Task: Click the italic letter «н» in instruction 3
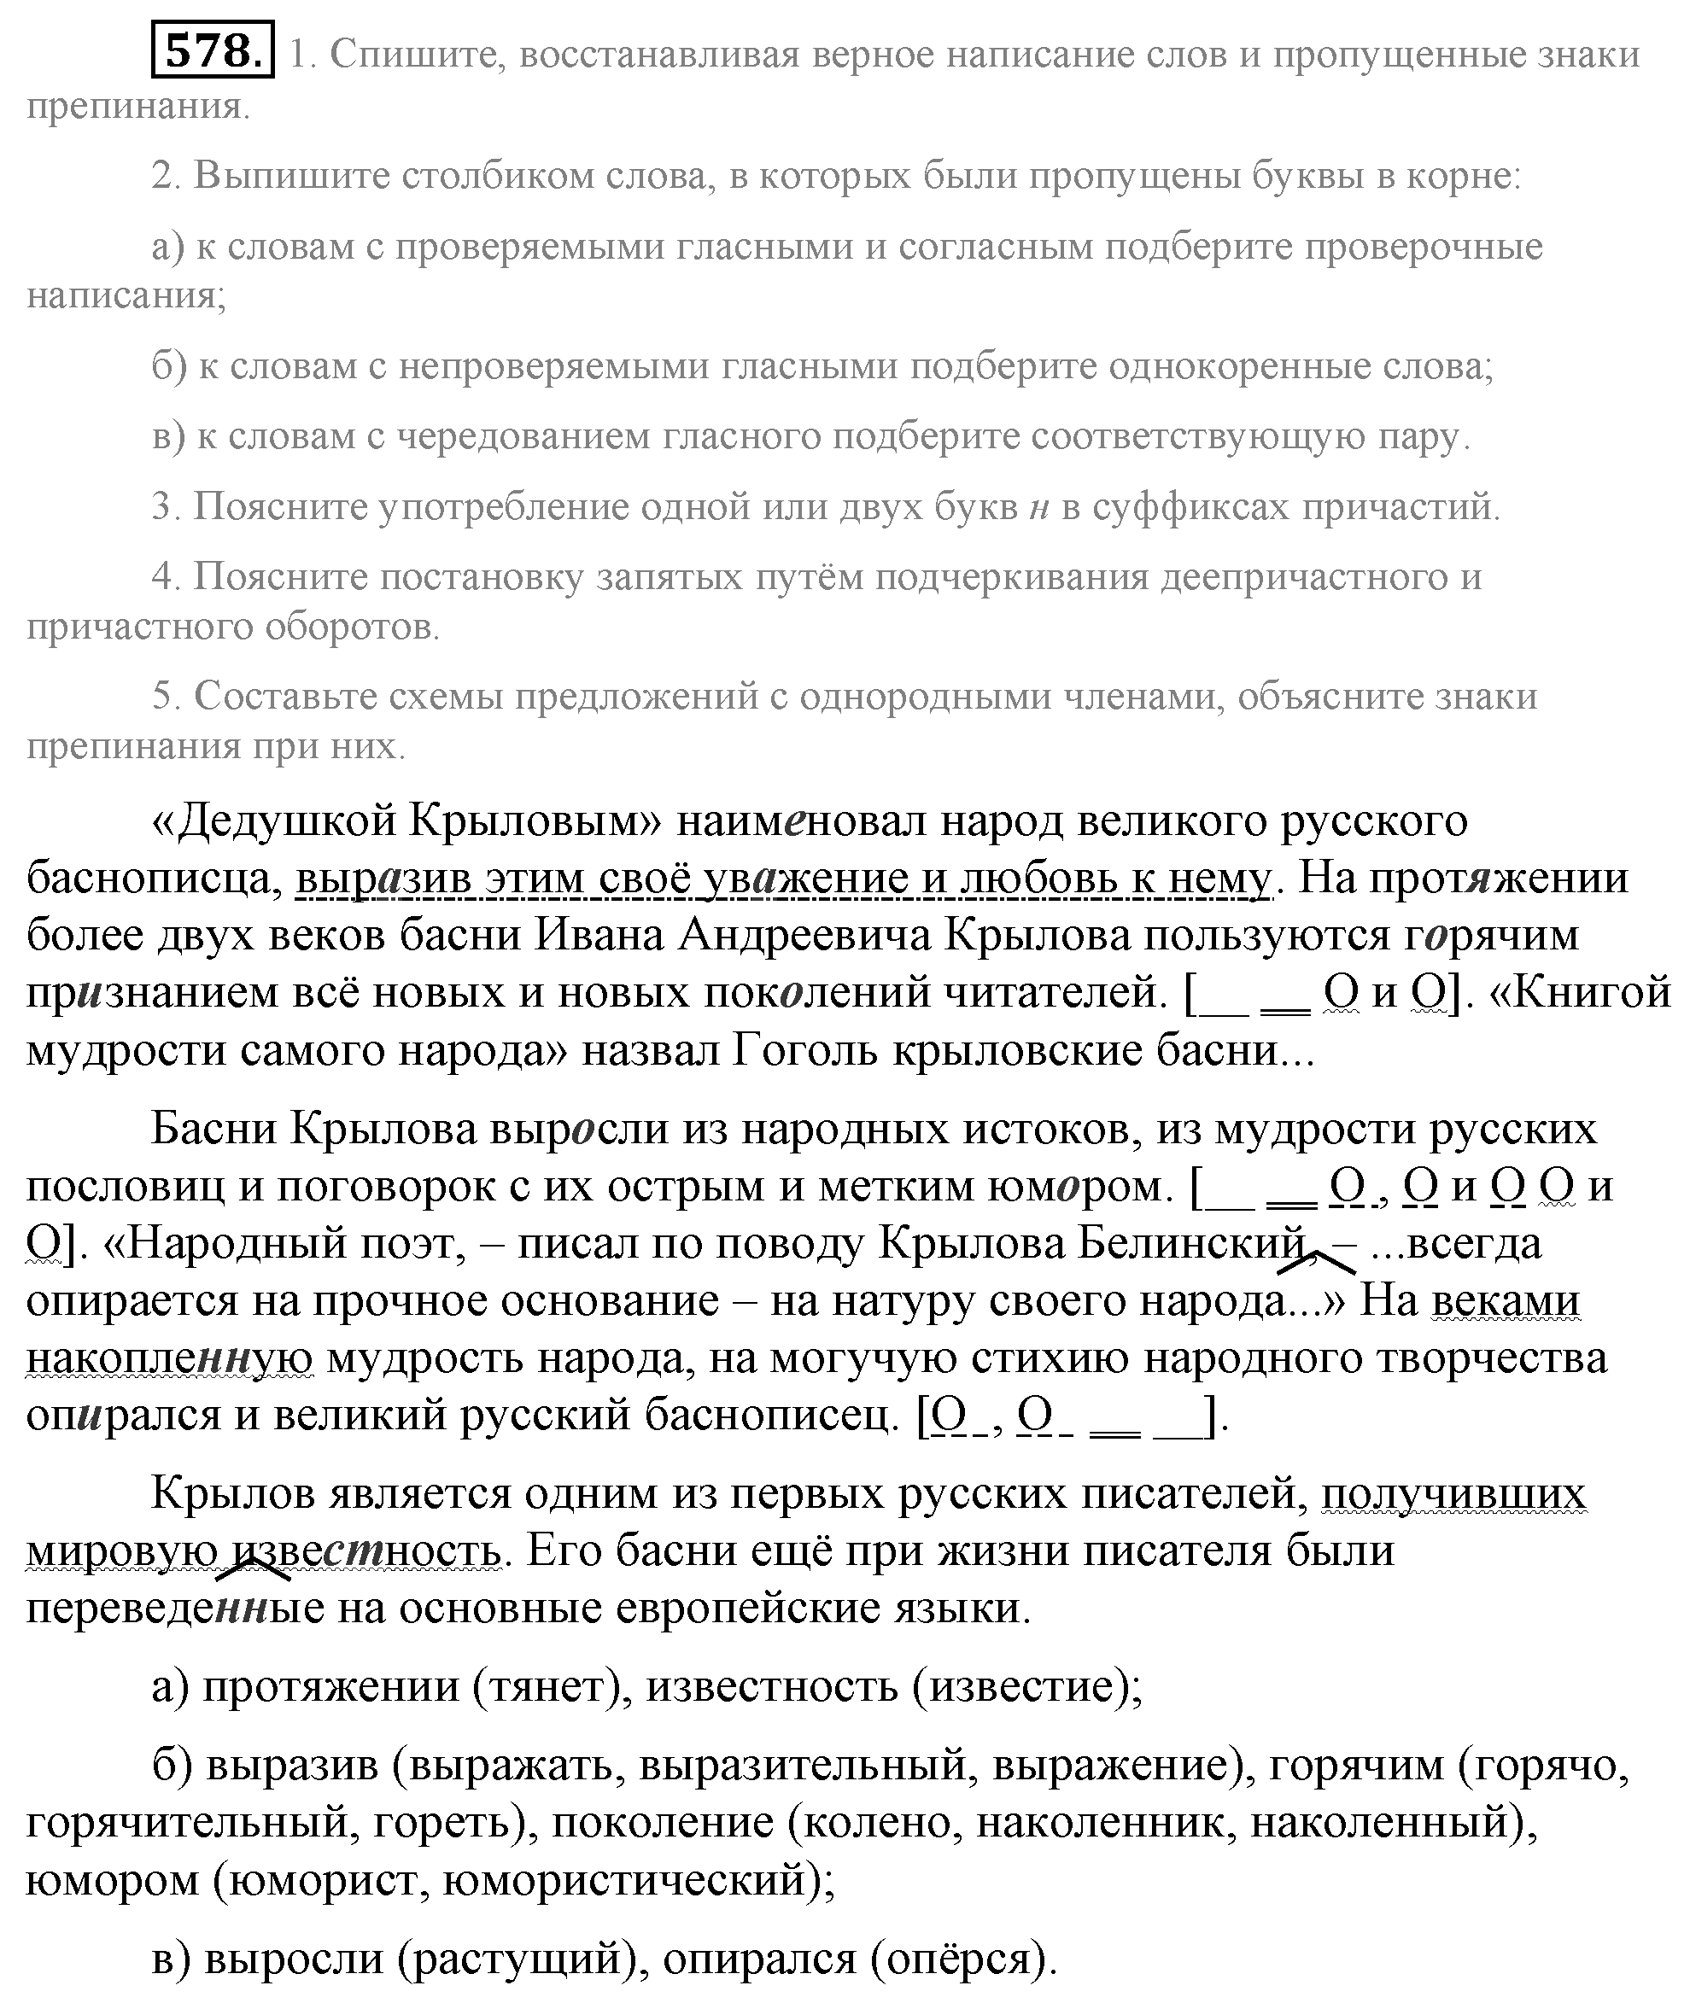(x=1039, y=508)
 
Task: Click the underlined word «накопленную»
(x=170, y=1358)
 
